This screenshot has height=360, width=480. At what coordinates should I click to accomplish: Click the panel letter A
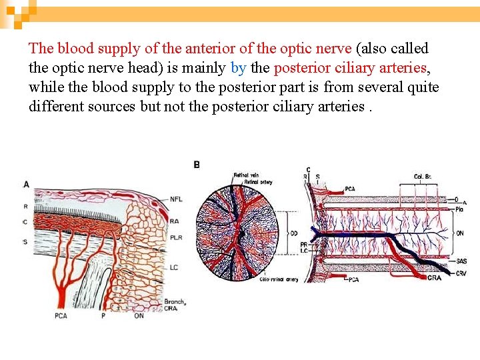tap(26, 184)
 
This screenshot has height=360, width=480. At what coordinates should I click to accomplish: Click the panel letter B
tap(197, 164)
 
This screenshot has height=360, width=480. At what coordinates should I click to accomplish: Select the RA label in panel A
tap(175, 221)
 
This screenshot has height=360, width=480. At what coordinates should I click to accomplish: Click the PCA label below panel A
tap(61, 315)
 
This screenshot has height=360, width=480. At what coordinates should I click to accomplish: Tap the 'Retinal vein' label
tap(246, 175)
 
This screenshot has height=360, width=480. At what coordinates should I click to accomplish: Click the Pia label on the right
tap(460, 209)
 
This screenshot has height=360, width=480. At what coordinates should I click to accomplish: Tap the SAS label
tap(461, 261)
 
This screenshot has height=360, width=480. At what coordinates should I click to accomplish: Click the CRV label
tap(461, 273)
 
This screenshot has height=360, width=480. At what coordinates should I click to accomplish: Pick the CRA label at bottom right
tap(434, 277)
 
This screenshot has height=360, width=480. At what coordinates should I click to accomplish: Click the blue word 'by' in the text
tap(238, 67)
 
